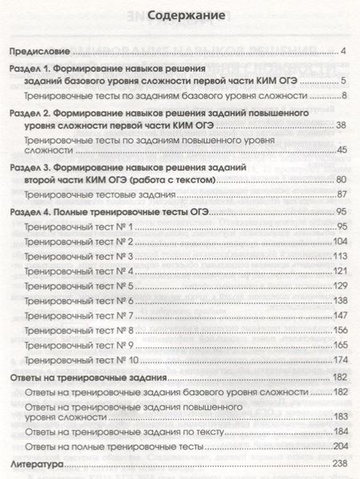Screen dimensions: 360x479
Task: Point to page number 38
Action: coord(340,125)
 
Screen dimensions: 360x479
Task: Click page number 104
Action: coord(338,241)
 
